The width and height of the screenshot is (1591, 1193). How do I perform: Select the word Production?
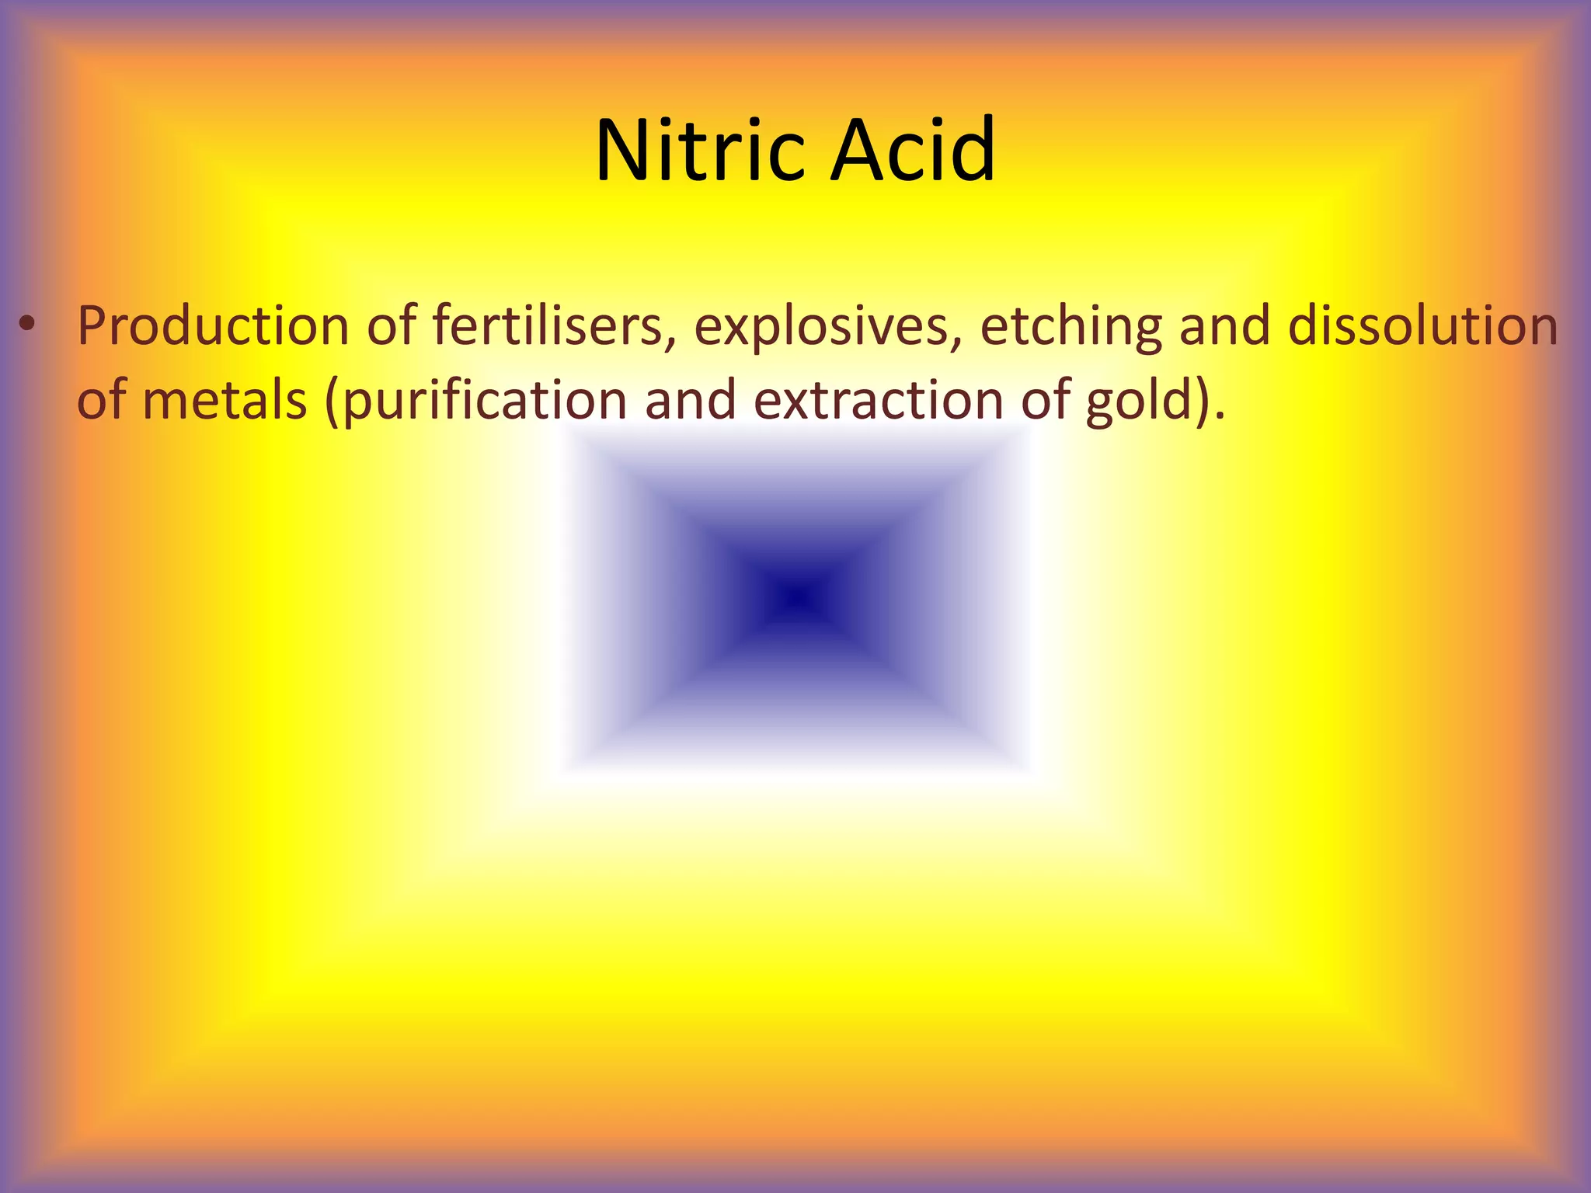coord(213,325)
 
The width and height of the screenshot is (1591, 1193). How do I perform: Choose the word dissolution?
coord(1423,325)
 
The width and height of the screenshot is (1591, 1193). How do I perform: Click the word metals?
coord(225,401)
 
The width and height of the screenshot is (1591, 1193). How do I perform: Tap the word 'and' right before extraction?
coord(690,401)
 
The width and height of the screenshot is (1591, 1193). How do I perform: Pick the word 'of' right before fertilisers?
coord(392,325)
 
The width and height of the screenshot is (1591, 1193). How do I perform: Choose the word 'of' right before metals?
coord(102,401)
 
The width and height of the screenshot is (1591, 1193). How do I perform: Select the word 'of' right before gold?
coord(1046,401)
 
